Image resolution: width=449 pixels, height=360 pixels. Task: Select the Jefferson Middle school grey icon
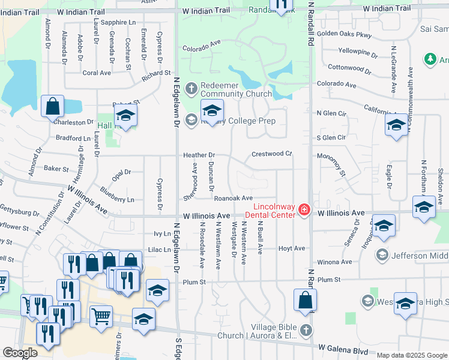click(x=381, y=256)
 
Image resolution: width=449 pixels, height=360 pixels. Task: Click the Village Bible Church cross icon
click(x=306, y=330)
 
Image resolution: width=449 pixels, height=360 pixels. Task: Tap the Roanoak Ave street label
click(x=234, y=198)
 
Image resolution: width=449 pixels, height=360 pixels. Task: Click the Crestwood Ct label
click(x=271, y=154)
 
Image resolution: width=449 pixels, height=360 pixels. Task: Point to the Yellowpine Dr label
click(x=358, y=52)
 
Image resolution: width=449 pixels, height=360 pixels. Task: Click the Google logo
click(x=20, y=352)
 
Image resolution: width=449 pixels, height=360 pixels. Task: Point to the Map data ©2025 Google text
click(x=412, y=355)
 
